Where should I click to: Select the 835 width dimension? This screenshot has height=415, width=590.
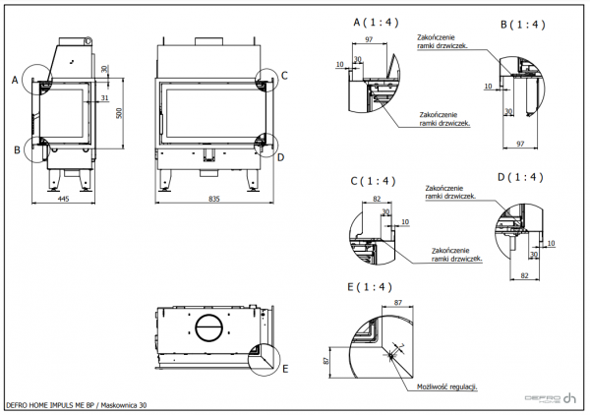tap(212, 198)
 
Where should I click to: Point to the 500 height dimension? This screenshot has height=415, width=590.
tap(119, 114)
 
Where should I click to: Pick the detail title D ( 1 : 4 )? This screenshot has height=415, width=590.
tap(520, 177)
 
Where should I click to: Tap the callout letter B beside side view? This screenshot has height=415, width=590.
tap(17, 149)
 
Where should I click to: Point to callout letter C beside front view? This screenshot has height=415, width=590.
tap(284, 76)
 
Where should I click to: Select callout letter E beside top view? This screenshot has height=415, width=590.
tap(285, 370)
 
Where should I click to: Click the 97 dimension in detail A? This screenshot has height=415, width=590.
tap(368, 39)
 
